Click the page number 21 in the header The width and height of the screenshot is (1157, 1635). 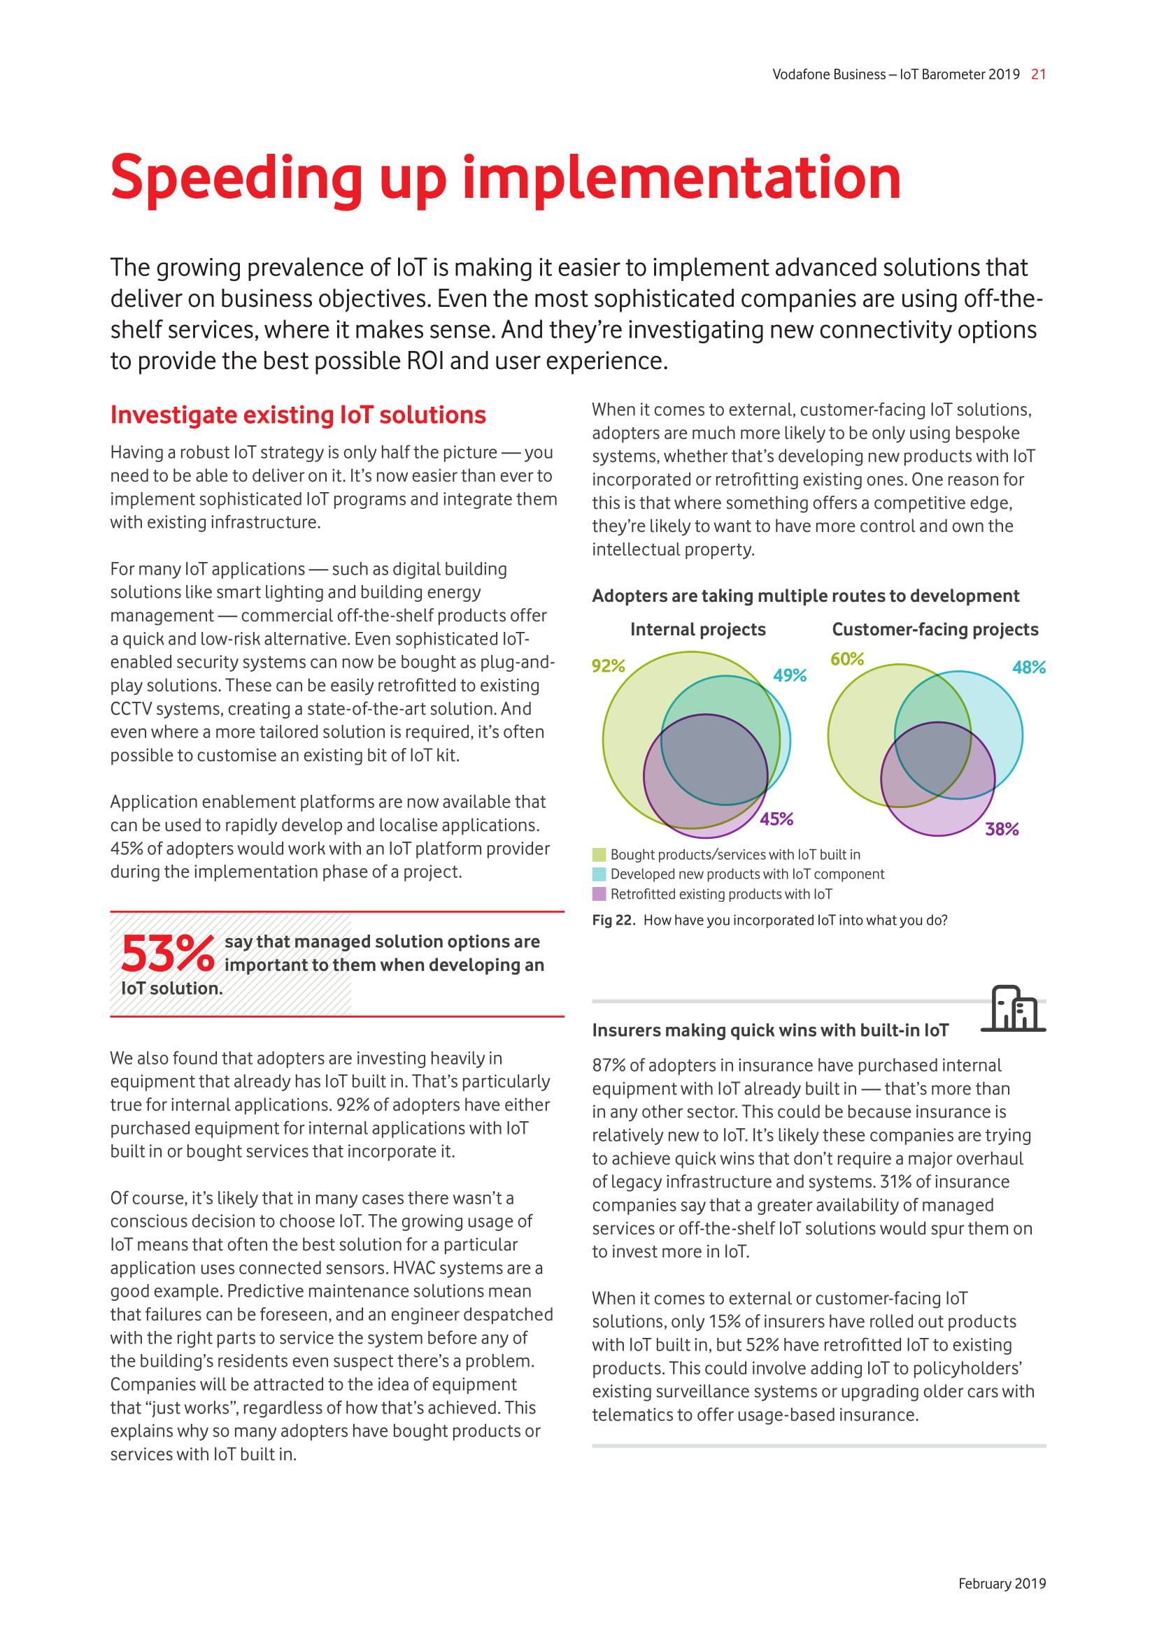point(1038,75)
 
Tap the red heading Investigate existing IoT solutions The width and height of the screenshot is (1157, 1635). point(298,415)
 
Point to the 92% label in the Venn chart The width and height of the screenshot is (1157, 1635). point(608,666)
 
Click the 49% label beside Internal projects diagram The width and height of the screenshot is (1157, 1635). point(789,675)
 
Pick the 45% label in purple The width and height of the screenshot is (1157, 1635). point(776,819)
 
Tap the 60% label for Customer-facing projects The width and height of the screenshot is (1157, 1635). point(846,659)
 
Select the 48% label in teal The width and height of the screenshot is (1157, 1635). point(1029,668)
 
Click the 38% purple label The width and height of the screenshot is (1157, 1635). point(1002,829)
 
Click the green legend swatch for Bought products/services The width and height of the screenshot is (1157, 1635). point(599,854)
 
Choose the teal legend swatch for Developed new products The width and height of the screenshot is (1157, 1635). point(599,874)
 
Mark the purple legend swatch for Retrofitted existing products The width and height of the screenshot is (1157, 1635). point(599,894)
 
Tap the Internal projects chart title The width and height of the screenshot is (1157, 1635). point(697,630)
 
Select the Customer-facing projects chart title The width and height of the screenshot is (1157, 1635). point(935,630)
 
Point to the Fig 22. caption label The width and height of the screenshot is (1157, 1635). point(613,920)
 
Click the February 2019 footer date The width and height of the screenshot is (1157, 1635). point(1002,1583)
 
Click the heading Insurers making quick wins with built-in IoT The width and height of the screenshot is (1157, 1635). point(770,1030)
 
